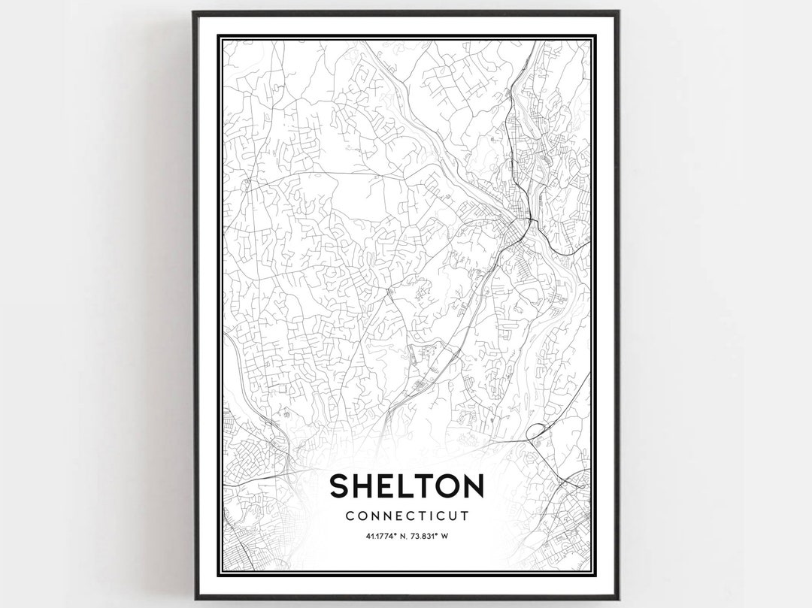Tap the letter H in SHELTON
click(x=366, y=487)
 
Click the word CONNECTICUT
click(x=407, y=516)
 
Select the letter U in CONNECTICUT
click(x=454, y=516)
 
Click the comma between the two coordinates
click(x=407, y=537)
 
